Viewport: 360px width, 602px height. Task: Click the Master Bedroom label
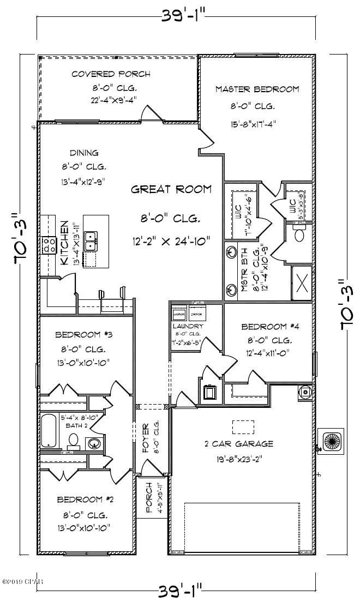[x=257, y=89]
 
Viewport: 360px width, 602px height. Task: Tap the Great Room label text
[x=171, y=190]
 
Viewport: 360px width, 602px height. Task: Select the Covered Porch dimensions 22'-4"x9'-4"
[x=113, y=99]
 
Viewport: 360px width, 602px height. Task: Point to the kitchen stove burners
[x=48, y=245]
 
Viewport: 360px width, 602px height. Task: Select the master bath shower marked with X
[x=301, y=283]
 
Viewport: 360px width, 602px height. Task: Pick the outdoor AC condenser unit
[x=332, y=440]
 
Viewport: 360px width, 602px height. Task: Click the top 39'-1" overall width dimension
[x=179, y=15]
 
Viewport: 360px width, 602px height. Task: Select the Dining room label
[x=83, y=153]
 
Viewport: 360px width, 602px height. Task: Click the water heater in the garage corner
[x=305, y=390]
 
